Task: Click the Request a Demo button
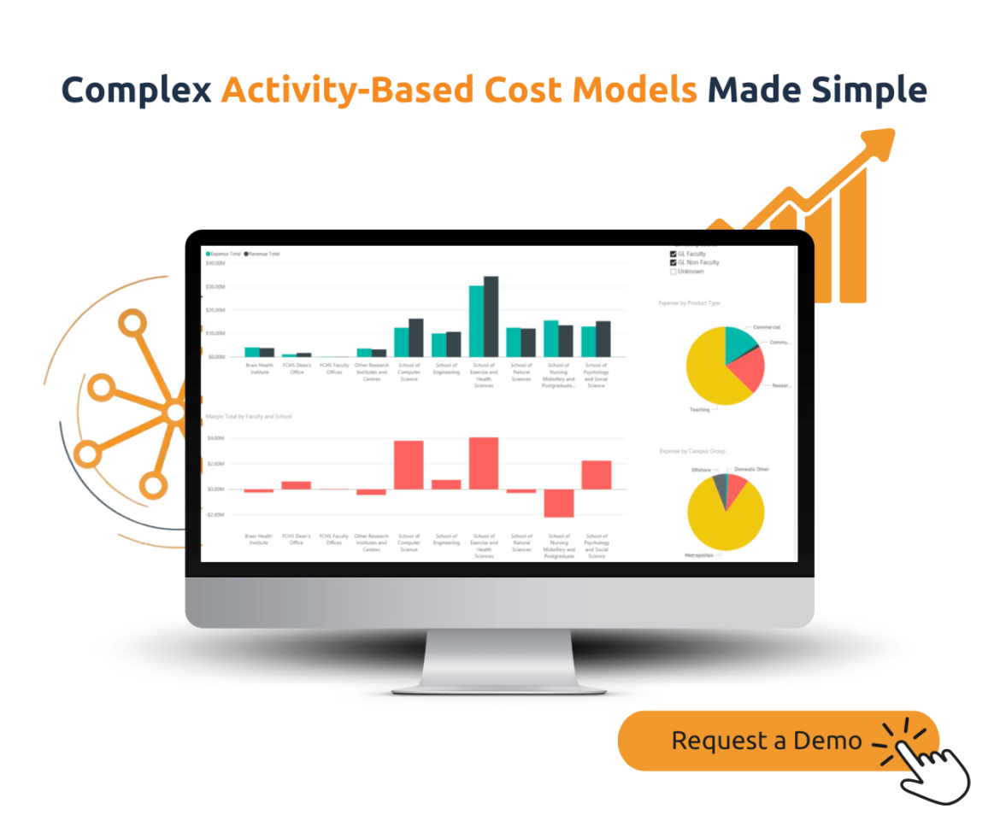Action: point(765,740)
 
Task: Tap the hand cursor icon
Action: point(937,769)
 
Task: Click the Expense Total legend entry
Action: point(224,254)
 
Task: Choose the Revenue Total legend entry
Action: point(263,254)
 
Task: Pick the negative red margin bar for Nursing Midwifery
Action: point(559,503)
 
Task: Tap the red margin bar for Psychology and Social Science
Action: point(597,475)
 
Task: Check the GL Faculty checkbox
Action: point(674,254)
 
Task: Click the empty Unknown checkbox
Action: point(674,272)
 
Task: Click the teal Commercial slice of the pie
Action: point(738,342)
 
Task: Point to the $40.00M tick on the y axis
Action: point(215,264)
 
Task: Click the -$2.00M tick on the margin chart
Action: point(215,515)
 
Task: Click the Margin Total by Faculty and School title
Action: point(249,417)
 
